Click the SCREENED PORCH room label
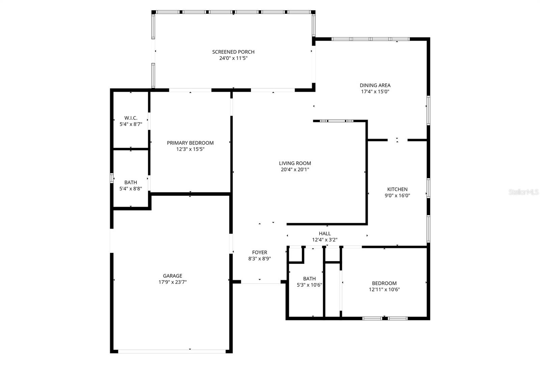(233, 52)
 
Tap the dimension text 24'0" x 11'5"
(233, 58)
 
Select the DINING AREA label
(375, 85)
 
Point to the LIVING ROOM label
(295, 163)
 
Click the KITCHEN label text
(397, 189)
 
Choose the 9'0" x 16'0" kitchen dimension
(397, 196)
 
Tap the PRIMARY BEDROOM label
(190, 143)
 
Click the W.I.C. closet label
(131, 118)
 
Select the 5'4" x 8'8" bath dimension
(131, 189)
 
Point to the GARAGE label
(172, 276)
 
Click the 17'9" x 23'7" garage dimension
(172, 282)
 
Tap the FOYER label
(260, 253)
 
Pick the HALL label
(325, 233)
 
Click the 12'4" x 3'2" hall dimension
(325, 240)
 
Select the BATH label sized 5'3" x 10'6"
(309, 278)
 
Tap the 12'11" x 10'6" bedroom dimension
(384, 290)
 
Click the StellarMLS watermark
(523, 192)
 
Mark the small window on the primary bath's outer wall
(111, 178)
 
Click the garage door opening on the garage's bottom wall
(171, 351)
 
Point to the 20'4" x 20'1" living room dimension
(295, 170)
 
